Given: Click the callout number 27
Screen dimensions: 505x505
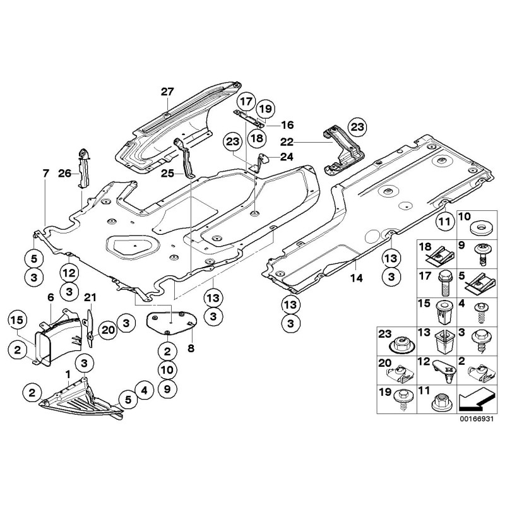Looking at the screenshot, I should tap(166, 93).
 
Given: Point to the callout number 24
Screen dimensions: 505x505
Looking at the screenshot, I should tap(286, 158).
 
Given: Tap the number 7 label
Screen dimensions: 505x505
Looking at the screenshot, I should tap(45, 173).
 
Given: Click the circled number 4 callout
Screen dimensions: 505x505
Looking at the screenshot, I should tap(145, 391).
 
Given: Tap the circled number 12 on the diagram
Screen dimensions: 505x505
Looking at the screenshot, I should tap(68, 273).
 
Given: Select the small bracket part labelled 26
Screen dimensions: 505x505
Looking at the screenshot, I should tap(82, 167).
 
